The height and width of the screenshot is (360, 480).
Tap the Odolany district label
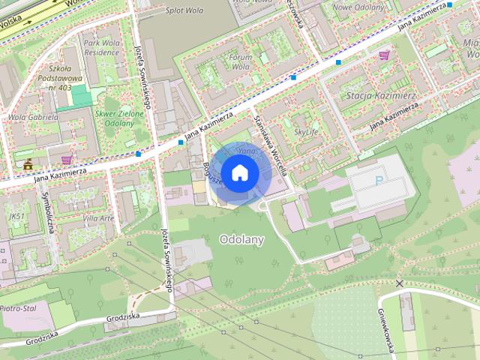[241, 238]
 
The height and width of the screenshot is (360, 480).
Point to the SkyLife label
[305, 132]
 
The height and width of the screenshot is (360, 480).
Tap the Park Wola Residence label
[101, 49]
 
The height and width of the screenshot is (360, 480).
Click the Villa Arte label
[98, 217]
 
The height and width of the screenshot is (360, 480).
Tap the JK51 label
[16, 217]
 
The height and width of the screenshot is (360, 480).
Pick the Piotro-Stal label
[19, 307]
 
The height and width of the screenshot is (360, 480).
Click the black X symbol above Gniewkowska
[400, 283]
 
